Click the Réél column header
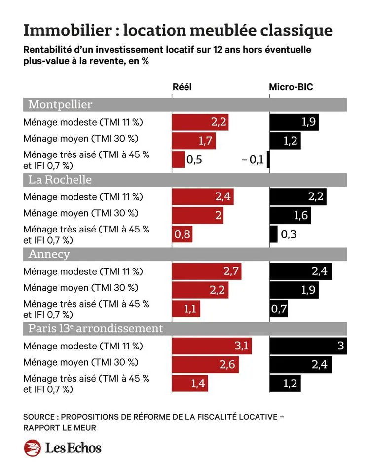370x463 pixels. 182,87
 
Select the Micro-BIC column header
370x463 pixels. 291,87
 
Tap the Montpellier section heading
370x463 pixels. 60,104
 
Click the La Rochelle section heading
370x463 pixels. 60,180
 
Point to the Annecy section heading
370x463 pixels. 49,254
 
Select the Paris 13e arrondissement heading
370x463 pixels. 95,328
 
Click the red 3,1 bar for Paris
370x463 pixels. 212,346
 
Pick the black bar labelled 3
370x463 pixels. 308,346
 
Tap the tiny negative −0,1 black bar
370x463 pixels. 268,159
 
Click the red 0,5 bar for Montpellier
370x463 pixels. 179,159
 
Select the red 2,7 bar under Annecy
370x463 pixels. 207,271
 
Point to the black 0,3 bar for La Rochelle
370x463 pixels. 274,234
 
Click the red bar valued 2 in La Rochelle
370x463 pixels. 198,215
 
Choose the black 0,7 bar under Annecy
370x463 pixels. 279,309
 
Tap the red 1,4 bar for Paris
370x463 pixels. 190,383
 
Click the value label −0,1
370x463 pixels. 253,160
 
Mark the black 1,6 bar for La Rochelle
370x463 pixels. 291,215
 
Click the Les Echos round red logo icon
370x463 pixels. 33,448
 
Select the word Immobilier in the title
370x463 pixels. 68,30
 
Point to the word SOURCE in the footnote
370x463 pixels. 39,417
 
